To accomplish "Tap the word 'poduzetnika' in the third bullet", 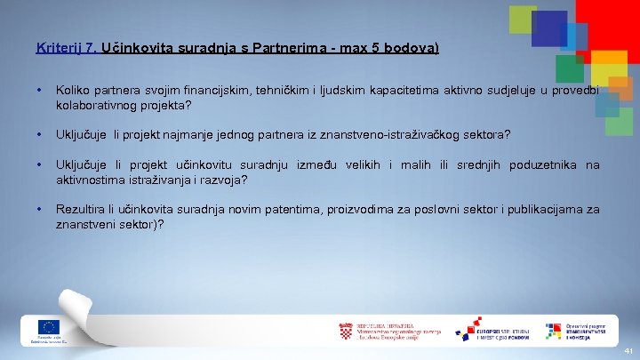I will click(x=542, y=164).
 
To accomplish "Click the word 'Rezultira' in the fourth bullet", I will click(x=82, y=210).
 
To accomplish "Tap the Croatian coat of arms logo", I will click(x=346, y=331).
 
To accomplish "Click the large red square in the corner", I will click(x=609, y=22).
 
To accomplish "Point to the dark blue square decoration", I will click(x=548, y=28).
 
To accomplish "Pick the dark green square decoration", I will click(x=569, y=68).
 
